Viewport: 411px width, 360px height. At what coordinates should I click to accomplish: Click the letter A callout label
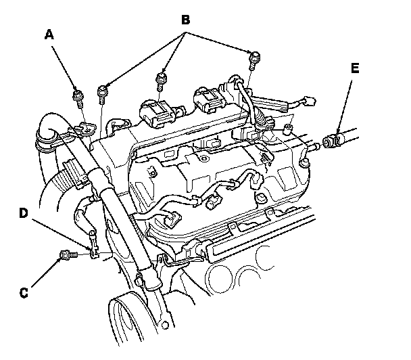pyautogui.click(x=49, y=35)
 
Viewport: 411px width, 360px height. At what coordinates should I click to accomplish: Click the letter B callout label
pyautogui.click(x=186, y=20)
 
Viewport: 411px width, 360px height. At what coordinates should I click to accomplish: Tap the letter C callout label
pyautogui.click(x=24, y=292)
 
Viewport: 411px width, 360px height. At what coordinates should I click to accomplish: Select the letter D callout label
pyautogui.click(x=24, y=212)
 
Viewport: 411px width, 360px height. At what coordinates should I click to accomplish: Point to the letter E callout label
pyautogui.click(x=355, y=68)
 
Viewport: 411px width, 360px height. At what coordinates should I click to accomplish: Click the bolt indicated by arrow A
pyautogui.click(x=78, y=98)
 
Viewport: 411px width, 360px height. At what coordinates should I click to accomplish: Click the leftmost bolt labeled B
pyautogui.click(x=102, y=95)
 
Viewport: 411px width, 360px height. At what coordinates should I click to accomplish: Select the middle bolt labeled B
pyautogui.click(x=161, y=81)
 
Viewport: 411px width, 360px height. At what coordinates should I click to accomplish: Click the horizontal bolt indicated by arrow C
pyautogui.click(x=69, y=254)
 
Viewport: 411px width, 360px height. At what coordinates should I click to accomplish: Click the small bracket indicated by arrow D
pyautogui.click(x=94, y=245)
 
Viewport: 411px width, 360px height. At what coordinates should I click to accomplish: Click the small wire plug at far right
pyautogui.click(x=309, y=102)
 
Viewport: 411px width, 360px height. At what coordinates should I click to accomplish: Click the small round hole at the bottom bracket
pyautogui.click(x=165, y=325)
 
